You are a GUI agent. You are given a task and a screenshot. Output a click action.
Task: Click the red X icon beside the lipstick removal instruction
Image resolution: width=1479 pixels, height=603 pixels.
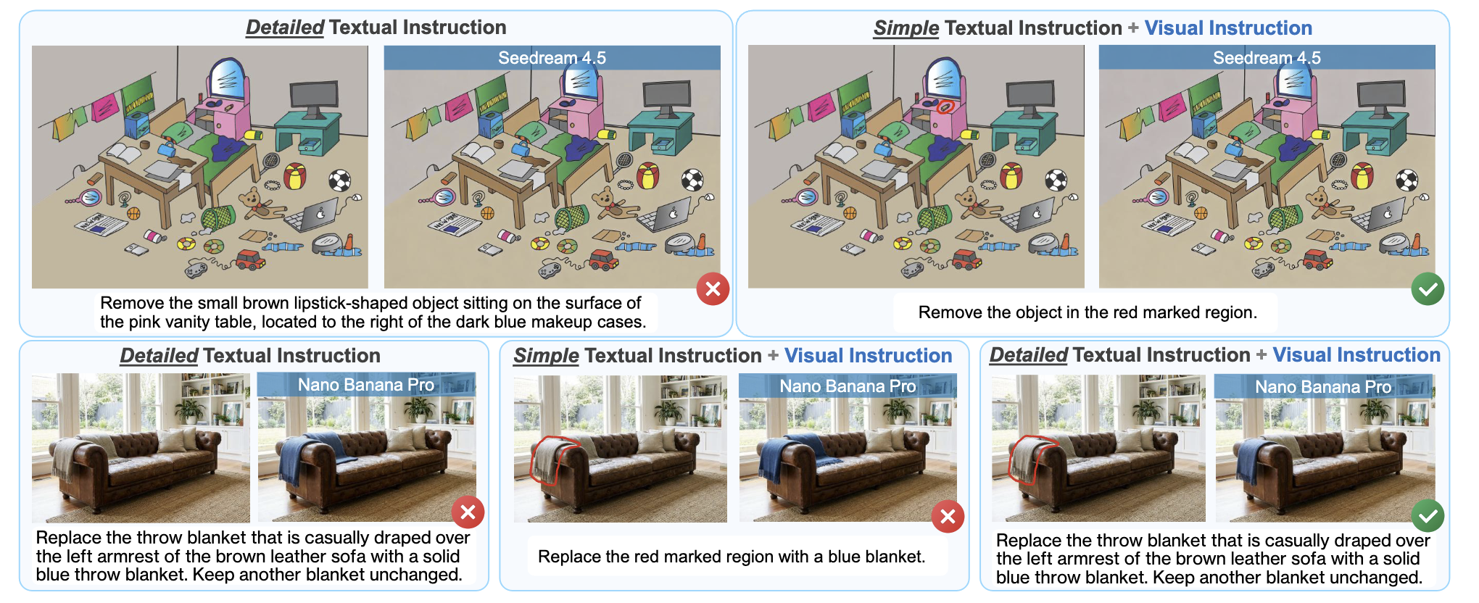pyautogui.click(x=713, y=289)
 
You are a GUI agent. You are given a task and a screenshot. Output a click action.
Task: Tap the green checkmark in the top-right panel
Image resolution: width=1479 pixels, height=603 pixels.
pyautogui.click(x=1427, y=289)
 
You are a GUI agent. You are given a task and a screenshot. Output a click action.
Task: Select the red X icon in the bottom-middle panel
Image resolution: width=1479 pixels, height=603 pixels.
pyautogui.click(x=948, y=517)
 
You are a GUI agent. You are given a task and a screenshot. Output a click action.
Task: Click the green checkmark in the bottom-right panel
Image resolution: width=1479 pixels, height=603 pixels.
pyautogui.click(x=1427, y=515)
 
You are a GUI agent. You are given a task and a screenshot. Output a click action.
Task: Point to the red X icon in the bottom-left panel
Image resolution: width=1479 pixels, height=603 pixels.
pyautogui.click(x=468, y=513)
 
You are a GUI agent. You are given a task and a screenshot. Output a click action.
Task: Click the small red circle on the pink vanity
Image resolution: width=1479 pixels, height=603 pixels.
pyautogui.click(x=943, y=107)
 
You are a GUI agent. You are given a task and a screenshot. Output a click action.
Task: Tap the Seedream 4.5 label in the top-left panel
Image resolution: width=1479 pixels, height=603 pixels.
pyautogui.click(x=552, y=58)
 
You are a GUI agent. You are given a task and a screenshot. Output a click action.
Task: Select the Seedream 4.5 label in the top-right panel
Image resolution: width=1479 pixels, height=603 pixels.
pyautogui.click(x=1267, y=58)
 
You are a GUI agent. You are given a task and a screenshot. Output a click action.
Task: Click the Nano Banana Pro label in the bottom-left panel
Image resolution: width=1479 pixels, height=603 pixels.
pyautogui.click(x=366, y=385)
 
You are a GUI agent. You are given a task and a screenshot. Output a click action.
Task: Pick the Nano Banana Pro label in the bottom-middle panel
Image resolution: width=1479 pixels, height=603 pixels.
pyautogui.click(x=848, y=386)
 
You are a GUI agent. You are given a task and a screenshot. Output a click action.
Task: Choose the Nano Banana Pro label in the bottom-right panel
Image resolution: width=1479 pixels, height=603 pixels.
pyautogui.click(x=1323, y=387)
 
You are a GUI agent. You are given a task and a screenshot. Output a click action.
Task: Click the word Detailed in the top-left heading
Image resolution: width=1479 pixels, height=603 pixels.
pyautogui.click(x=285, y=28)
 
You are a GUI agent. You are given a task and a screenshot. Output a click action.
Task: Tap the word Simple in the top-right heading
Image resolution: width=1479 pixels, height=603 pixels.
pyautogui.click(x=906, y=28)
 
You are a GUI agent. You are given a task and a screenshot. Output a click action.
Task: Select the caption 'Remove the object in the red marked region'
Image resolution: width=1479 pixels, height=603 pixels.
pyautogui.click(x=1087, y=312)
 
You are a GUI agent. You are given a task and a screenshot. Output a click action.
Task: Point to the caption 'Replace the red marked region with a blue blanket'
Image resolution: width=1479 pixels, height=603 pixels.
pyautogui.click(x=732, y=557)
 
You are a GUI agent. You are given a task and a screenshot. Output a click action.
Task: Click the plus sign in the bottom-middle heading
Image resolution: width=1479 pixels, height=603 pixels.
pyautogui.click(x=773, y=356)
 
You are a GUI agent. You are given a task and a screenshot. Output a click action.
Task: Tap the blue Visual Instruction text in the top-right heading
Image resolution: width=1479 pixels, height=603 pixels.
pyautogui.click(x=1228, y=28)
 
